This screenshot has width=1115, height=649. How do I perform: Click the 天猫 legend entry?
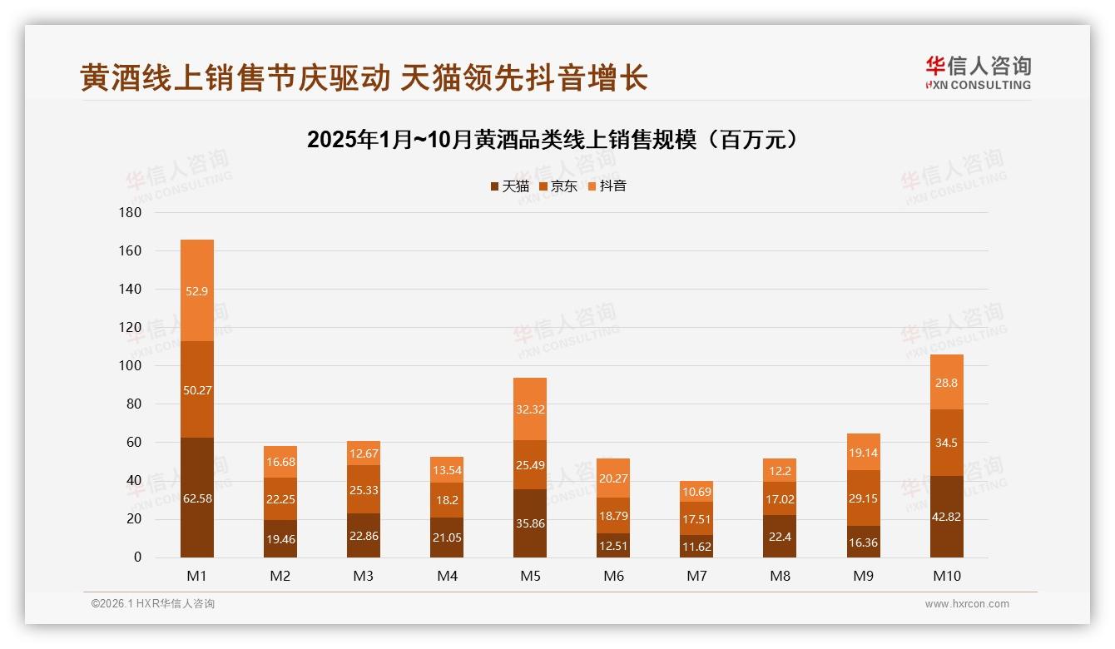pos(509,186)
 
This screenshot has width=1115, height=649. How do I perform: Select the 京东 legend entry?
pos(557,186)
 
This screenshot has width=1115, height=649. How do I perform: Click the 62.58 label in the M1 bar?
pos(197,499)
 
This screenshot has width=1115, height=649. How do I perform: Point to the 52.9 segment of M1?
pos(197,290)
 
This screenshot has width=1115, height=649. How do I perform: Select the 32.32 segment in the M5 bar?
pos(530,409)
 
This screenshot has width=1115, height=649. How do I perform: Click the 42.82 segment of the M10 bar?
pos(947,517)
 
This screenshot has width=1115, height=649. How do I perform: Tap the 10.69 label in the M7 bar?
pos(696,492)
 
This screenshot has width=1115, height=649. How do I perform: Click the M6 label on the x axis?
pos(613,576)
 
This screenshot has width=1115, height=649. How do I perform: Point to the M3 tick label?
pos(364,576)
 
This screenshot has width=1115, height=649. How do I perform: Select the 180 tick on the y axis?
pos(131,213)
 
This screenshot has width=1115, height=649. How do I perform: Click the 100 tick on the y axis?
pos(131,366)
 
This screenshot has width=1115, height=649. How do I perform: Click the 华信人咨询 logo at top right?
pos(977,72)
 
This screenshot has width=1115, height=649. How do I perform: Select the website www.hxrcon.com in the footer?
pos(967,604)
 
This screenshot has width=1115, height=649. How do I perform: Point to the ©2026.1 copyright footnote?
pos(153,604)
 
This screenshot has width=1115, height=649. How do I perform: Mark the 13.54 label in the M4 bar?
pos(447,470)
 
